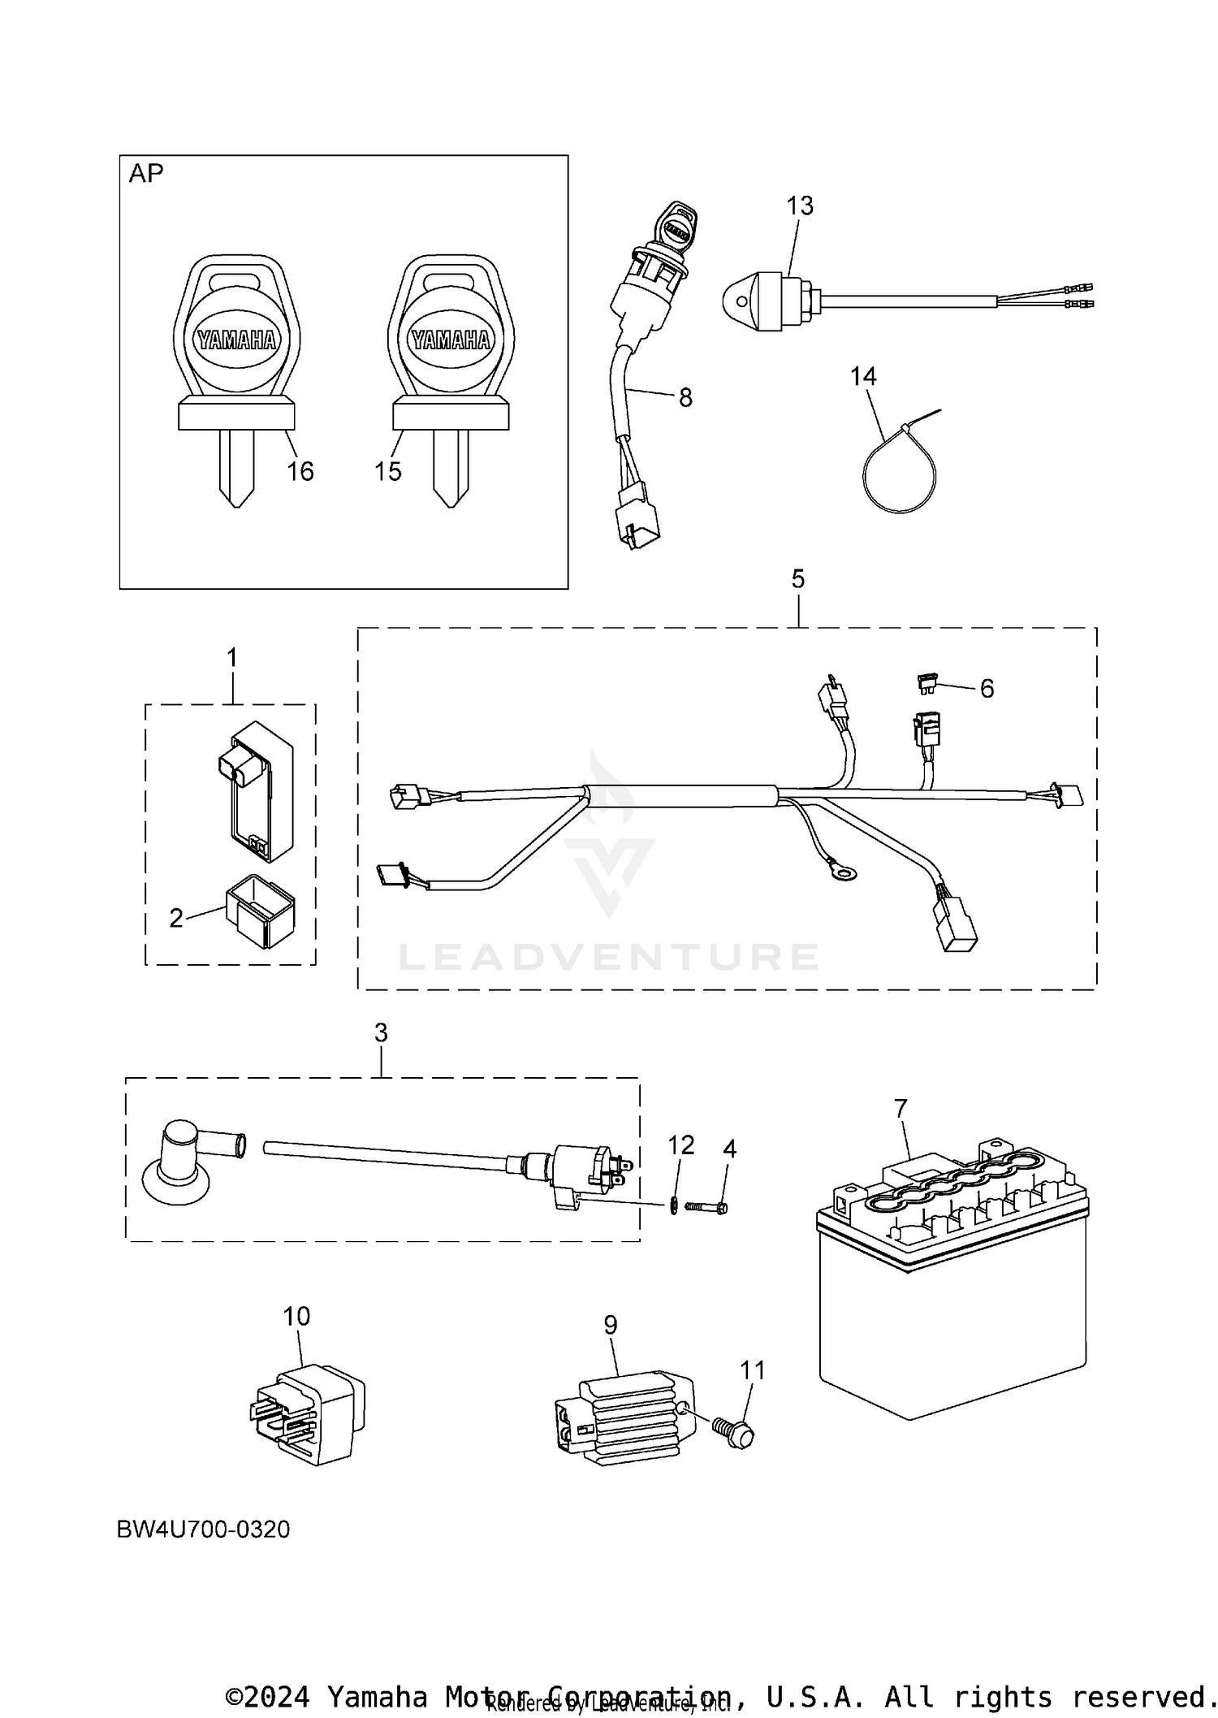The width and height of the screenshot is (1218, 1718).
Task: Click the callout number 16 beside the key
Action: tap(300, 471)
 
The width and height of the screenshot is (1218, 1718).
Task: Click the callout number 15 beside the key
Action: tap(388, 471)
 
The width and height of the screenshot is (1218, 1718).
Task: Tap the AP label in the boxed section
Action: tap(146, 173)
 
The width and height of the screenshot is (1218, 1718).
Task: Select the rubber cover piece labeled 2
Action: tap(260, 910)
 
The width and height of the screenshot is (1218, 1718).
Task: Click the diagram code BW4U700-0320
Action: tap(203, 1530)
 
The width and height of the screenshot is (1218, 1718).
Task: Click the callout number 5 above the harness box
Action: tap(798, 579)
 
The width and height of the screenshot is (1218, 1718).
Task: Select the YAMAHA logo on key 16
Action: tap(236, 340)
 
